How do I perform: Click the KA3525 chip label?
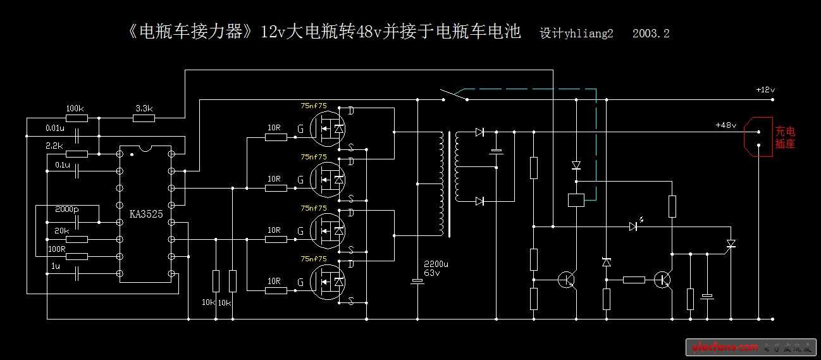pyautogui.click(x=146, y=214)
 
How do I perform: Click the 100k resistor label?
pyautogui.click(x=75, y=108)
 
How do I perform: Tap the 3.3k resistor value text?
pyautogui.click(x=144, y=108)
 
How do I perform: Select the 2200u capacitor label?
pyautogui.click(x=436, y=264)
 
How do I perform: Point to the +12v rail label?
pyautogui.click(x=765, y=90)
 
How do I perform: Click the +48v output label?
pyautogui.click(x=726, y=125)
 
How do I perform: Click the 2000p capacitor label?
pyautogui.click(x=66, y=209)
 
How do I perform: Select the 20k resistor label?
pyautogui.click(x=62, y=230)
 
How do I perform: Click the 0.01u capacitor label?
pyautogui.click(x=55, y=128)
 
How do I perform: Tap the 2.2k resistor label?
pyautogui.click(x=55, y=146)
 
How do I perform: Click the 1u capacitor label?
pyautogui.click(x=56, y=266)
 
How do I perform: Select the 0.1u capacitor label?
pyautogui.click(x=63, y=164)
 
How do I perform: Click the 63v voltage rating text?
pyautogui.click(x=432, y=273)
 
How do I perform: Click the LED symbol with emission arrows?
pyautogui.click(x=634, y=225)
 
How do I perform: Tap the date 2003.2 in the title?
pyautogui.click(x=651, y=34)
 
